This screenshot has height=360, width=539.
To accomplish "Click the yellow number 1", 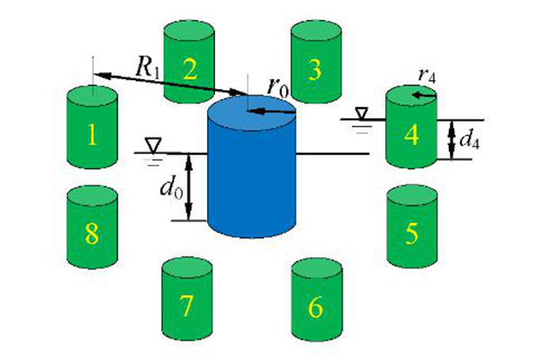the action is (x=92, y=134).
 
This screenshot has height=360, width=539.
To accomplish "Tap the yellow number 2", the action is (x=190, y=69).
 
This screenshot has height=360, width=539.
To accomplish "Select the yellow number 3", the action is (x=315, y=70).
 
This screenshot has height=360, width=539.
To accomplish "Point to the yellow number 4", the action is (x=411, y=134).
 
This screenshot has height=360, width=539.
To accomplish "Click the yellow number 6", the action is (x=316, y=307).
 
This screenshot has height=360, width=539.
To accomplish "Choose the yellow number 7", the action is (x=186, y=306).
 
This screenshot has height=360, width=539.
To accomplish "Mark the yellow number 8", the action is (x=92, y=234).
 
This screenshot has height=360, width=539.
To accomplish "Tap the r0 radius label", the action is (x=278, y=88).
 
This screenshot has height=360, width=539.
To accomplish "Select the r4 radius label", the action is (x=427, y=76).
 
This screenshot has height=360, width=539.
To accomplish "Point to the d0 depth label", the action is (x=171, y=188).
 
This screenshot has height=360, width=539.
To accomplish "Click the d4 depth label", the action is (x=469, y=139).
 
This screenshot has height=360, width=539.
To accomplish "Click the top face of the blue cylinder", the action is (x=252, y=112).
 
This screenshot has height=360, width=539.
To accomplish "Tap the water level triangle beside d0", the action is (x=153, y=145).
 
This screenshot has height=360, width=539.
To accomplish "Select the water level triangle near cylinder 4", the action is (x=361, y=113).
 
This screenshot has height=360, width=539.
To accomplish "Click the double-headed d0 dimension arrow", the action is (x=188, y=186).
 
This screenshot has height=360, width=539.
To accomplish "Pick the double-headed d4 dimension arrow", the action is (x=452, y=139).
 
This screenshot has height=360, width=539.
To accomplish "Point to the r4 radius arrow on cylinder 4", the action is (x=424, y=94).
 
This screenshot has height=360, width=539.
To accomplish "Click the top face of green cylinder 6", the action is (x=317, y=267).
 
